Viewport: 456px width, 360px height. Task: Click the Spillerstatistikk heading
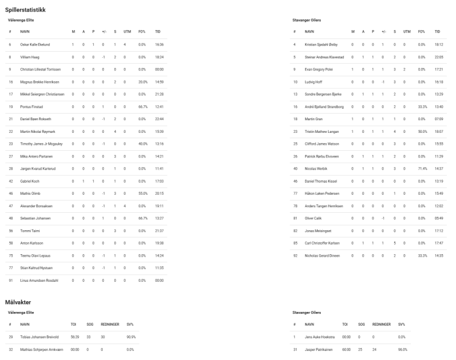(x=25, y=10)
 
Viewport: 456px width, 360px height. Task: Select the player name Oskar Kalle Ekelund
(x=35, y=44)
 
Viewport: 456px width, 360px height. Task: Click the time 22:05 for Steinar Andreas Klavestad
(x=438, y=56)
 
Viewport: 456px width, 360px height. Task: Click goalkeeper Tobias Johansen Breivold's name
(x=40, y=337)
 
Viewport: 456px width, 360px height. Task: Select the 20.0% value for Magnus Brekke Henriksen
(x=143, y=81)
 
